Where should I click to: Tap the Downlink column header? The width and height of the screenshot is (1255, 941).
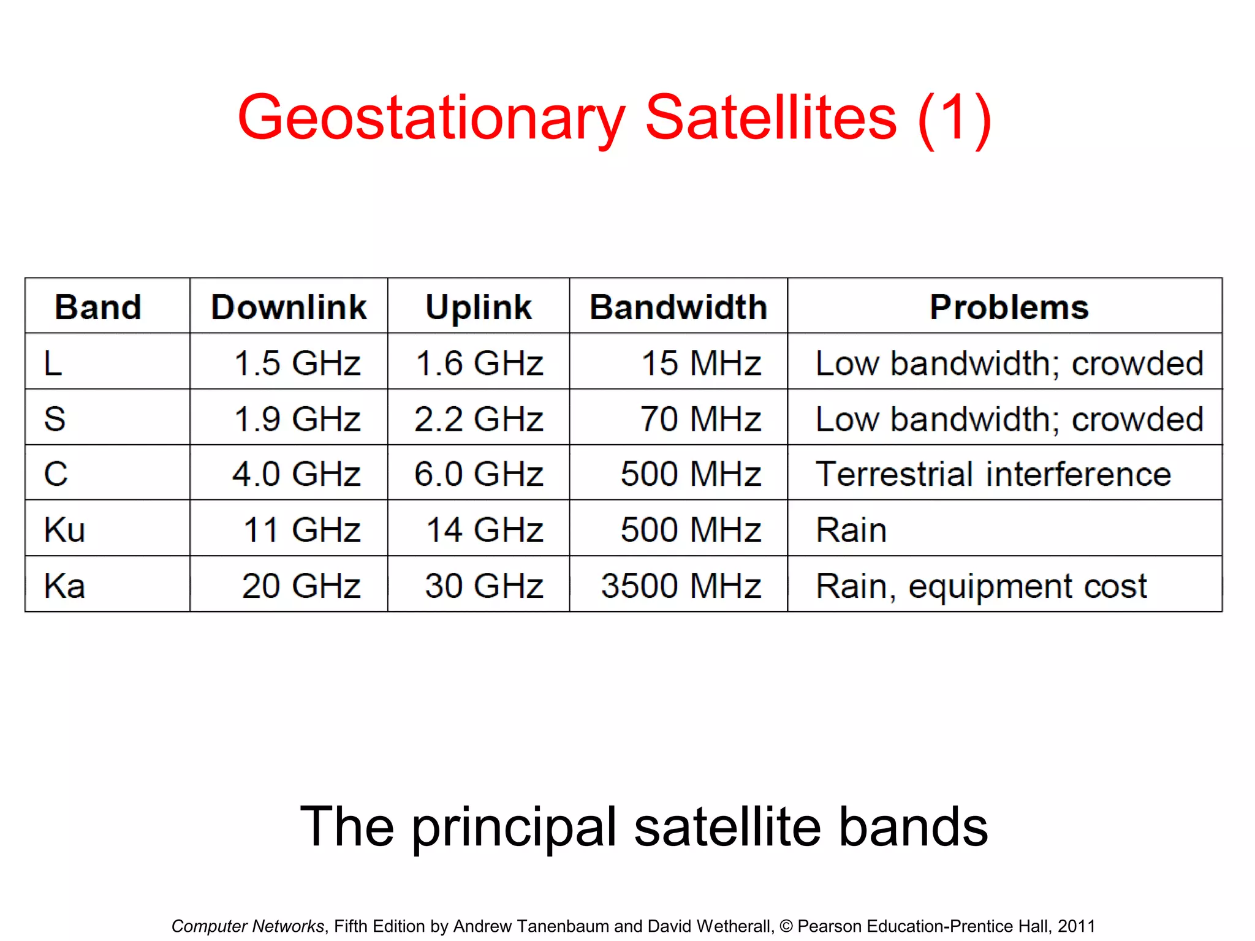(289, 307)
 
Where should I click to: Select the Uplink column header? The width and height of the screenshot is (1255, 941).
(479, 307)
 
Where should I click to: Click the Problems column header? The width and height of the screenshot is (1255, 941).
(1009, 307)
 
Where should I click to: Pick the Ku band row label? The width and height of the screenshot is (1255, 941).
(64, 530)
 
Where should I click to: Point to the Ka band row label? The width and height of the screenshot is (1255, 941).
(64, 586)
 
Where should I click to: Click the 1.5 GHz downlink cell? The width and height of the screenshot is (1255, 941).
(297, 363)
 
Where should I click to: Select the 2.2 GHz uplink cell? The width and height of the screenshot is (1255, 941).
(479, 419)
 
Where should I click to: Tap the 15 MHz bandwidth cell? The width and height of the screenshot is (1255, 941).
(700, 363)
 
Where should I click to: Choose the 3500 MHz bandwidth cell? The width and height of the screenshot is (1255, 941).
(681, 586)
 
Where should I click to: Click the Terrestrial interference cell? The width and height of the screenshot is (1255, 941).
(993, 474)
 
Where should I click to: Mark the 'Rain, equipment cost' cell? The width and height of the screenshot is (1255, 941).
(980, 586)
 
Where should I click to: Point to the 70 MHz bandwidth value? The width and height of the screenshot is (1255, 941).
(700, 419)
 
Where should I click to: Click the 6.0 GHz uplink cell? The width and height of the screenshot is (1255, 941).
(479, 474)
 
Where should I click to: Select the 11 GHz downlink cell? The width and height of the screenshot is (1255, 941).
(301, 530)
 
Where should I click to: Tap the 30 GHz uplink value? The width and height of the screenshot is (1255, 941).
(484, 586)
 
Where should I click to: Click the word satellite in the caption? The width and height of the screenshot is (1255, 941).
(727, 827)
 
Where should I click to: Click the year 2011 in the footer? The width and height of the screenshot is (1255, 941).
(1076, 926)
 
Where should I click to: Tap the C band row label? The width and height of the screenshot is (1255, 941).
(56, 474)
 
